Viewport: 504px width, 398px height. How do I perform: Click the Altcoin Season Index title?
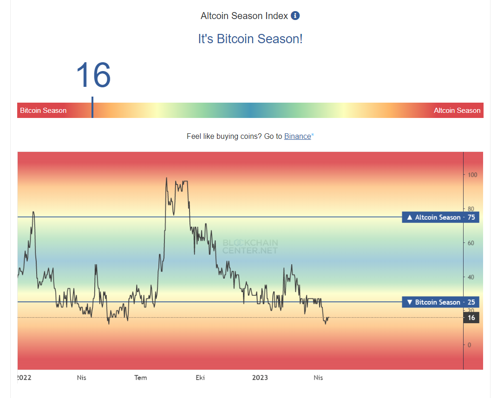click(x=244, y=16)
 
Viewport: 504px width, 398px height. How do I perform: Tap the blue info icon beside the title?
click(x=295, y=16)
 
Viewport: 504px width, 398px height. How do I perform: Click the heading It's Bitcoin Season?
click(x=250, y=39)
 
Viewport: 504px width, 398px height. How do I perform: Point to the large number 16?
click(x=93, y=75)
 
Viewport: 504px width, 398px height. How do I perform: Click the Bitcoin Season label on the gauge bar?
click(x=43, y=111)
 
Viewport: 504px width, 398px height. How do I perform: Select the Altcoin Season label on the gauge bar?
click(x=457, y=111)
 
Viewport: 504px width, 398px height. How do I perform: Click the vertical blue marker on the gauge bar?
click(x=92, y=107)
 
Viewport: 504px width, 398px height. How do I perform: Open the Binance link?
click(x=297, y=136)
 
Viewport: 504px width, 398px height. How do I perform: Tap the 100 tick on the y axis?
click(x=471, y=175)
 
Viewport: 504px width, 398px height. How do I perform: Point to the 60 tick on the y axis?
click(x=470, y=243)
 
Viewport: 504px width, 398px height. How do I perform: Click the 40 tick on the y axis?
click(x=470, y=277)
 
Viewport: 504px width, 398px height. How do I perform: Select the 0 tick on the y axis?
click(x=469, y=345)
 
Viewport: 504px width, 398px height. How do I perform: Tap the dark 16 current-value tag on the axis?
click(x=471, y=318)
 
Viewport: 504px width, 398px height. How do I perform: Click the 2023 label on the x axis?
click(x=260, y=378)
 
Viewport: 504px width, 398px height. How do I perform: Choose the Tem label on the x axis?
click(x=140, y=378)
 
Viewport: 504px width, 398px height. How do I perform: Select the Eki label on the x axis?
click(x=201, y=378)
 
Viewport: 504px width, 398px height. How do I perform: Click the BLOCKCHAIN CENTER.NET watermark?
click(x=250, y=247)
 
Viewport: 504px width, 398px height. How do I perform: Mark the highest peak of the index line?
click(x=166, y=178)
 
